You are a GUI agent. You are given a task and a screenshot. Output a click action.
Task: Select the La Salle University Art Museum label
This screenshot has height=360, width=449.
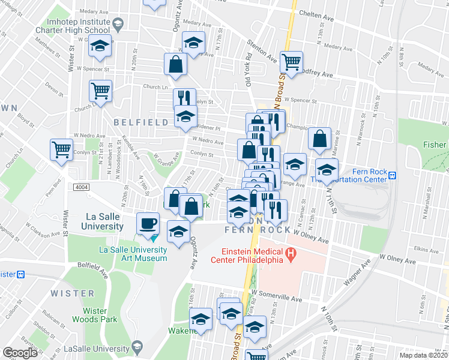tap(133, 254)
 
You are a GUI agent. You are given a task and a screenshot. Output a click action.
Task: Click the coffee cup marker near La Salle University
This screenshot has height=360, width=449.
tap(148, 224)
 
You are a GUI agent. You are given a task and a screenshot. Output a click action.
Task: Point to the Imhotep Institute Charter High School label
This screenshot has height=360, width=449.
tap(80, 25)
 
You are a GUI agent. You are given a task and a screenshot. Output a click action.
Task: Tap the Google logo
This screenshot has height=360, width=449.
tap(20, 353)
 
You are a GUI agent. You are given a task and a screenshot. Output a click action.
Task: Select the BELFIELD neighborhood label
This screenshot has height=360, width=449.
tap(141, 122)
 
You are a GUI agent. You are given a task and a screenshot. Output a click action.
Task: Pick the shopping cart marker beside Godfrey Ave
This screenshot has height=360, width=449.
tap(291, 62)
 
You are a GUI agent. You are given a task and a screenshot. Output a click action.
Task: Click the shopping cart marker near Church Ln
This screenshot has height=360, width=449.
tap(100, 91)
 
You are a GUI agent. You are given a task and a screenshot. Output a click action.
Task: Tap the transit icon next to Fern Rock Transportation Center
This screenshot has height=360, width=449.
tap(393, 175)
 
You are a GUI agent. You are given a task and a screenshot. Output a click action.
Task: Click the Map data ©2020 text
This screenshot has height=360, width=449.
tap(423, 355)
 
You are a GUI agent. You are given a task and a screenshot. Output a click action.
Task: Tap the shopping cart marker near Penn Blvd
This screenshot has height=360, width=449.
tap(62, 149)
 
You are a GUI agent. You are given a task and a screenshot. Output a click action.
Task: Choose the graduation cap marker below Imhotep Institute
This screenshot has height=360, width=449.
tap(100, 46)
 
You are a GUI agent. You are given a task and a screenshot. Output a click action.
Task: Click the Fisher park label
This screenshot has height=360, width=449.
tap(434, 145)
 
